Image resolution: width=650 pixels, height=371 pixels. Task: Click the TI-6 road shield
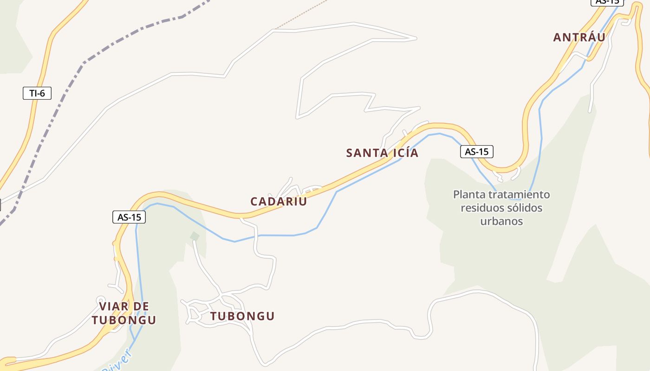(37, 93)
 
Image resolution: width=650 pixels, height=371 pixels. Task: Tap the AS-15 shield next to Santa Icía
(476, 152)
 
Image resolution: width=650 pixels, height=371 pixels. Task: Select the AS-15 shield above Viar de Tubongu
(129, 217)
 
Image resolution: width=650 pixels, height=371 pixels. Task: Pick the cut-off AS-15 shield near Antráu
(606, 2)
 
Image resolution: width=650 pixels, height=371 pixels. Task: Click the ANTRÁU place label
(579, 38)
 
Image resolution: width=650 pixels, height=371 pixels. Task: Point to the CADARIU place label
(279, 202)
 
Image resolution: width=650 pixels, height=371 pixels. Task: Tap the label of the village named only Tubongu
(242, 316)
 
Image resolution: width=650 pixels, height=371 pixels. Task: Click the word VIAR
(111, 307)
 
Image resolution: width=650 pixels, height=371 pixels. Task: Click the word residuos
(481, 208)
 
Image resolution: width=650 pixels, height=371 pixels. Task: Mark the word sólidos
(524, 208)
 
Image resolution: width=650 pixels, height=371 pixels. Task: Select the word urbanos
(501, 221)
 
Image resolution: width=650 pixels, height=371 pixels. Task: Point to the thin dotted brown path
(302, 14)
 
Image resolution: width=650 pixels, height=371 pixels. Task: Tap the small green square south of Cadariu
(195, 237)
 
